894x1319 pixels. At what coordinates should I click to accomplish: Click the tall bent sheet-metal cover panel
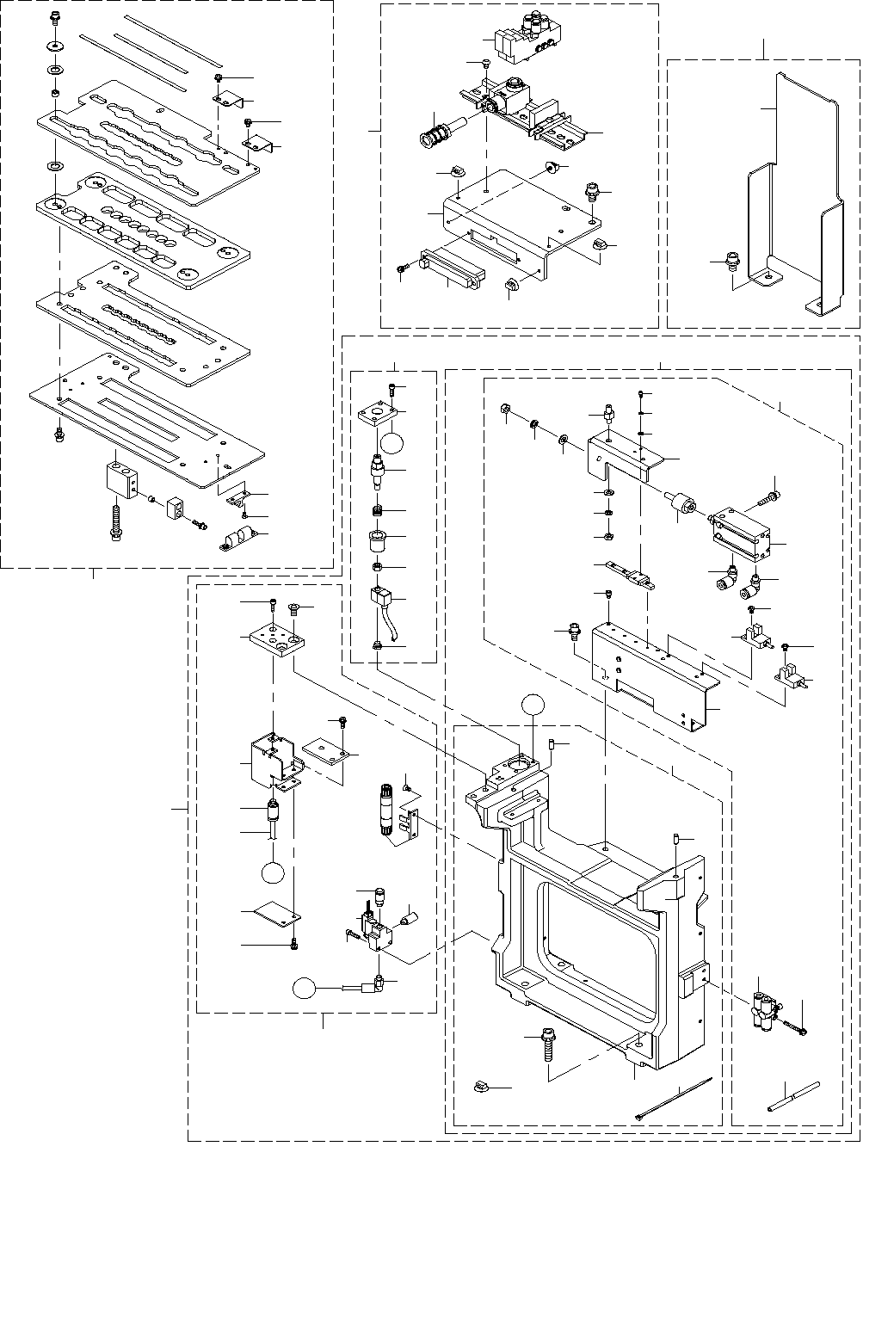coord(792,198)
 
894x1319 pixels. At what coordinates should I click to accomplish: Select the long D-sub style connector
coord(452,268)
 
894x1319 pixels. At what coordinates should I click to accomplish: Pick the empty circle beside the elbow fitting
coord(304,989)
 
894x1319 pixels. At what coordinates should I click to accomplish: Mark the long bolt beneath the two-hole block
coord(116,522)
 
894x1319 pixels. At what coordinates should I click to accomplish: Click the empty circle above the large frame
coord(533,704)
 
